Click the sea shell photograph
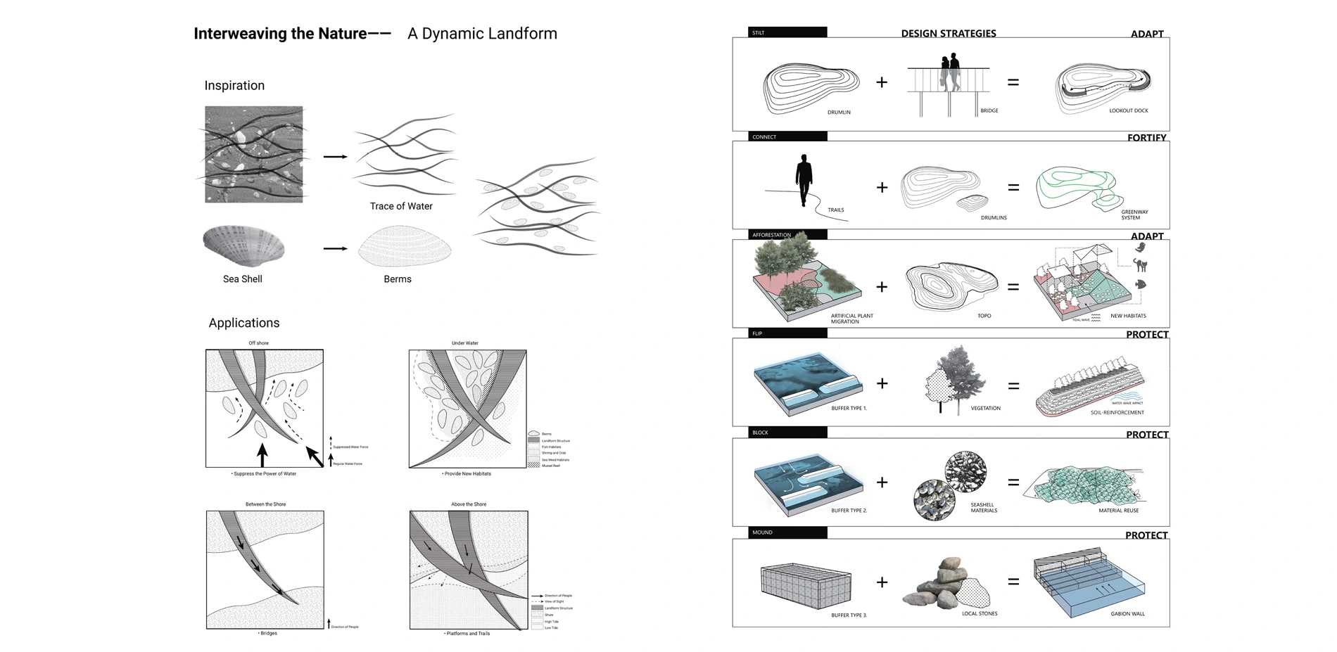click(243, 245)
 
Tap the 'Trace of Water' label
click(401, 206)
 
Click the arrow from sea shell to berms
click(335, 248)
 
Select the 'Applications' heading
click(243, 323)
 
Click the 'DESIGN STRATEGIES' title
click(948, 33)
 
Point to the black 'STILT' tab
click(787, 32)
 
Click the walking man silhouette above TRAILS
click(804, 180)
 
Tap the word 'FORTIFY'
click(1146, 138)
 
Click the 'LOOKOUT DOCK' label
click(1128, 110)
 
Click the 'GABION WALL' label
click(1127, 613)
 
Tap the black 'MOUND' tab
click(787, 532)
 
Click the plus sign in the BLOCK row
click(882, 482)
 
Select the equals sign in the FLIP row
click(1013, 386)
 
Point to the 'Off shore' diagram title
click(258, 343)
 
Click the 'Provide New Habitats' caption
click(467, 474)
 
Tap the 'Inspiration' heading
click(234, 86)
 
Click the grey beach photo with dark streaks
click(254, 155)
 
